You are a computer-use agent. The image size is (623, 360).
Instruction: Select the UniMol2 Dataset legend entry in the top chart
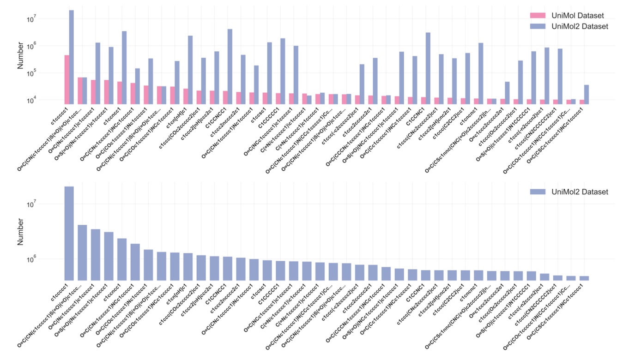pyautogui.click(x=575, y=26)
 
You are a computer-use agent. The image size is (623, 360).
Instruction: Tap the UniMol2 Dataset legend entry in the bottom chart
pyautogui.click(x=575, y=192)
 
